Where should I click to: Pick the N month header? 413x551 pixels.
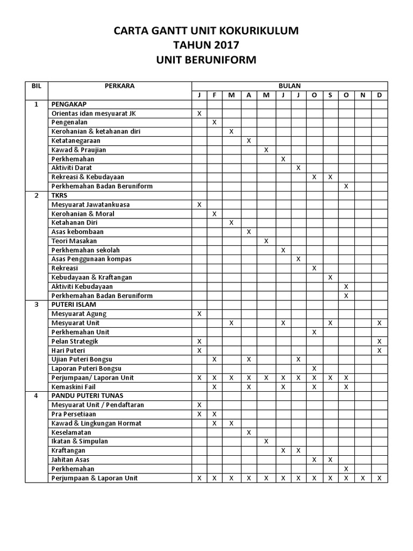[x=363, y=95]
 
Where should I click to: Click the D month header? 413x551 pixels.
[x=380, y=95]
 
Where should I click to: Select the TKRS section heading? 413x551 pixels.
[x=59, y=195]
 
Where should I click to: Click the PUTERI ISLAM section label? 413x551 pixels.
[x=74, y=305]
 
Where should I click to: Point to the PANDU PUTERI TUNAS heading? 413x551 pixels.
[x=87, y=395]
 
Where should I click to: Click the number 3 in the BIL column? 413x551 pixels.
[x=37, y=305]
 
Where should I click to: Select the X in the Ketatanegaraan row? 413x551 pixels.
[x=248, y=141]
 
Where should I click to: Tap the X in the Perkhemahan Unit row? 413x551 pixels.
[x=314, y=332]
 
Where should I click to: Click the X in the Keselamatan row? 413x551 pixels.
[x=248, y=432]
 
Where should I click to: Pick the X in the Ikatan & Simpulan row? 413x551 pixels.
[x=265, y=441]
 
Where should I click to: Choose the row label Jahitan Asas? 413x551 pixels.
[x=70, y=460]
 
